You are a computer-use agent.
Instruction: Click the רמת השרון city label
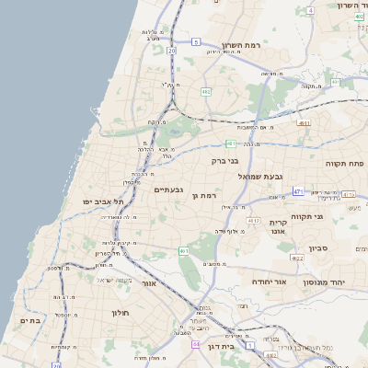click(x=242, y=45)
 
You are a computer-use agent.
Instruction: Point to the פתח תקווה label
click(x=346, y=162)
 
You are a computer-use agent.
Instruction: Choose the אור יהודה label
click(x=270, y=282)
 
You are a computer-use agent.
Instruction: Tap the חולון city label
click(x=121, y=313)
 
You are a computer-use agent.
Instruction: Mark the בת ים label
click(x=30, y=320)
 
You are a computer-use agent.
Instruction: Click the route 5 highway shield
click(x=196, y=42)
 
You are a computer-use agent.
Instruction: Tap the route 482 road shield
click(x=206, y=92)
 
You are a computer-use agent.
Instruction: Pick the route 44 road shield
click(x=196, y=344)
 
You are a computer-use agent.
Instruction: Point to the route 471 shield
click(x=298, y=191)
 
